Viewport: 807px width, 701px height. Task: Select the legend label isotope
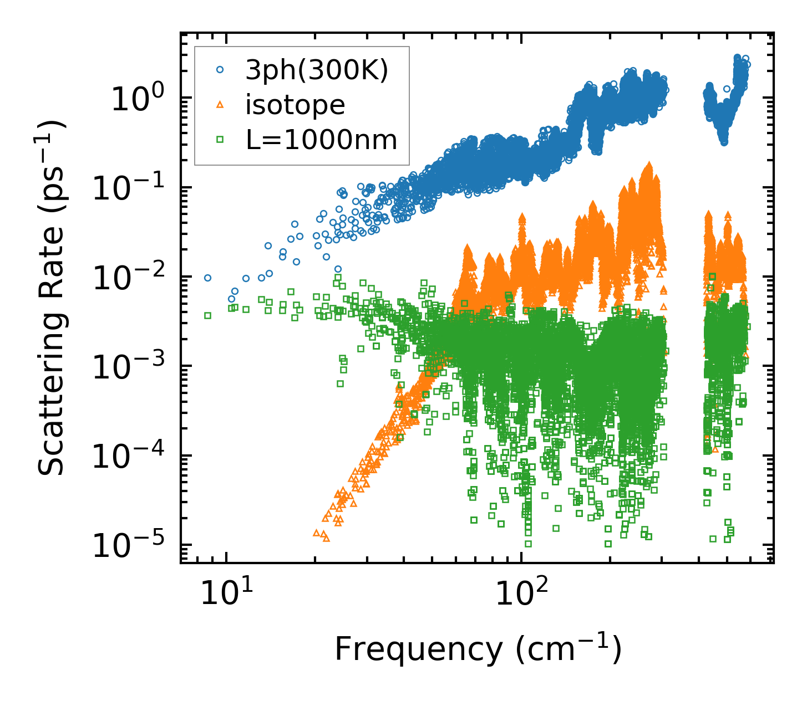click(x=295, y=105)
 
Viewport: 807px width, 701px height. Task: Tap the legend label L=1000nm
click(x=322, y=140)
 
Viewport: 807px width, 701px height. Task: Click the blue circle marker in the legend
click(x=220, y=70)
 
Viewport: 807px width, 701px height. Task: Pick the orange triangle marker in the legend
click(x=220, y=105)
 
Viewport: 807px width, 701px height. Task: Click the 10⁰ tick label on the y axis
click(x=138, y=100)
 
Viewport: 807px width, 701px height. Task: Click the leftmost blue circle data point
click(x=207, y=278)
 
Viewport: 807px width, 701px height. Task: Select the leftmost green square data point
click(x=207, y=315)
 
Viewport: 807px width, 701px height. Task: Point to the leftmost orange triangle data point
click(x=317, y=533)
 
